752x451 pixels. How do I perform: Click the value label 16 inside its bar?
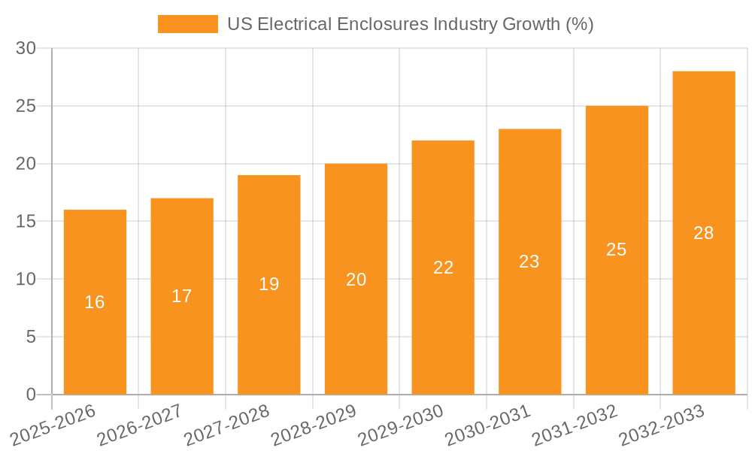[95, 302]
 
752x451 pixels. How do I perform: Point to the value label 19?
[268, 284]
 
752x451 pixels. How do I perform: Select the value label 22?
[443, 268]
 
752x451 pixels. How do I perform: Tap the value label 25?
[616, 250]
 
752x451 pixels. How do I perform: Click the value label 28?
[703, 233]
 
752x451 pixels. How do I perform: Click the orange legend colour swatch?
[187, 24]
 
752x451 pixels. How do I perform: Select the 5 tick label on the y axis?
[31, 337]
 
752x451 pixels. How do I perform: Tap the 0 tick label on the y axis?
[31, 395]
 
